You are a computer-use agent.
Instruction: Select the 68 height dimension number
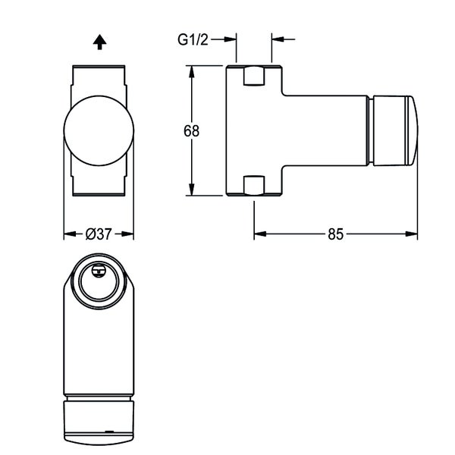[x=191, y=130]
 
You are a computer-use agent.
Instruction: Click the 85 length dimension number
[x=335, y=234]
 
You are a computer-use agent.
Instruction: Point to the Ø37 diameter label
[x=99, y=234]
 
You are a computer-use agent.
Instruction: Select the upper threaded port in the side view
[x=253, y=76]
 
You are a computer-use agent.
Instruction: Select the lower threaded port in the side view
[x=253, y=186]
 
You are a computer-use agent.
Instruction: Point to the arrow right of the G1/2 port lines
[x=277, y=39]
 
